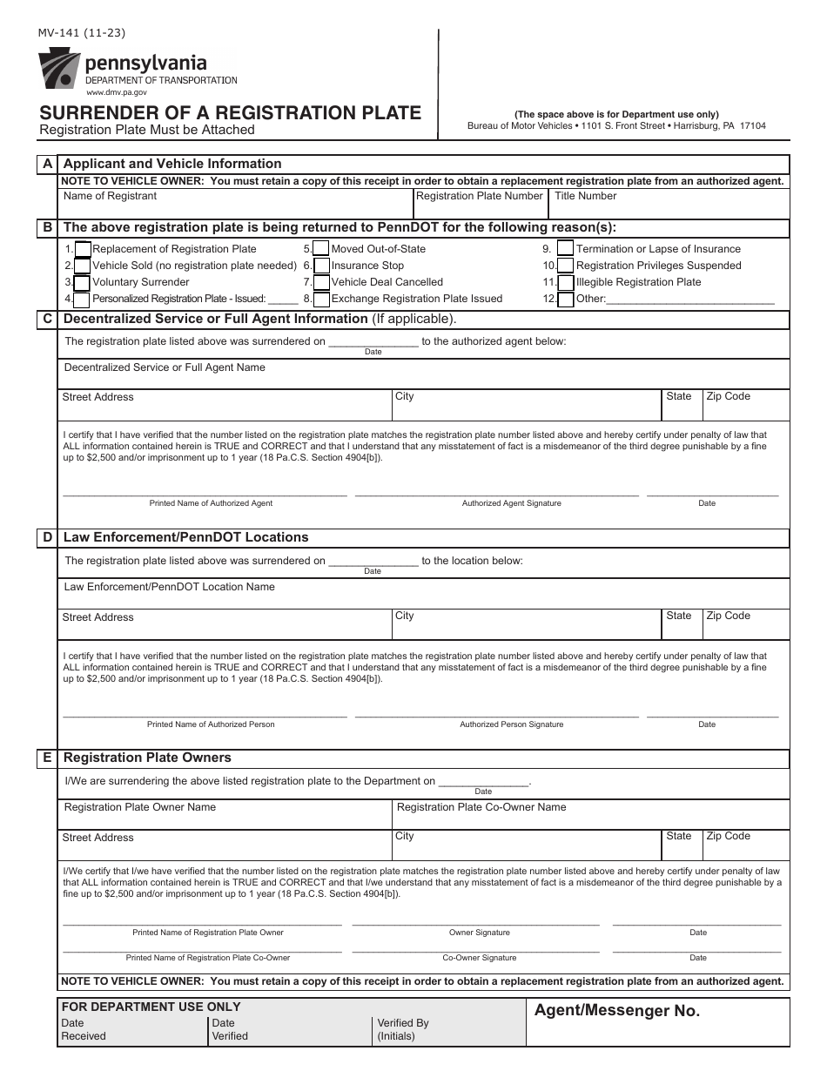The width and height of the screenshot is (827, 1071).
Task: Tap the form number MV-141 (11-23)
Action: click(x=82, y=34)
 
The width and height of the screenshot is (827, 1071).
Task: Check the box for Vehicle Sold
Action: click(x=82, y=266)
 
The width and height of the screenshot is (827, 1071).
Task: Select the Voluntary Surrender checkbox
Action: click(x=82, y=283)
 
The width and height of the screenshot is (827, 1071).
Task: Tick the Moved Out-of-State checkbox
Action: click(x=321, y=249)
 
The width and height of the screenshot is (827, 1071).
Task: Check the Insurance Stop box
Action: click(x=321, y=266)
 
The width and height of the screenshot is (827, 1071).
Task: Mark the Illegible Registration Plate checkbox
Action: click(x=566, y=282)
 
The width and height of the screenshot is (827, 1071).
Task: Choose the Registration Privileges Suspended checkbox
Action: click(x=566, y=266)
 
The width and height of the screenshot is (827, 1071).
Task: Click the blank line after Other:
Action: click(x=690, y=299)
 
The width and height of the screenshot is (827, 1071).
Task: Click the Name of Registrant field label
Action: click(x=111, y=196)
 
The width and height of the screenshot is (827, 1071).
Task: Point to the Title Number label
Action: click(x=585, y=196)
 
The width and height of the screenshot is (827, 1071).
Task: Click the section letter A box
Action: click(x=48, y=164)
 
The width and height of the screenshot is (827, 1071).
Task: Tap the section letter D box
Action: click(x=48, y=537)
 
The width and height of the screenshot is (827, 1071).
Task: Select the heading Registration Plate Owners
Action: click(x=147, y=758)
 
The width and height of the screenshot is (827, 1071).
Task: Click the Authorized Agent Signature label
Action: click(x=511, y=503)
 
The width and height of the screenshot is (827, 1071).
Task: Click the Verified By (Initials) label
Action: click(x=402, y=1030)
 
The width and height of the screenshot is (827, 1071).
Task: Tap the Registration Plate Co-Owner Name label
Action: click(x=481, y=807)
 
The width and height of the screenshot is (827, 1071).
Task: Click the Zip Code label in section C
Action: click(x=728, y=396)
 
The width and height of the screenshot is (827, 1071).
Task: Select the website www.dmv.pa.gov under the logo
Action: click(x=116, y=91)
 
